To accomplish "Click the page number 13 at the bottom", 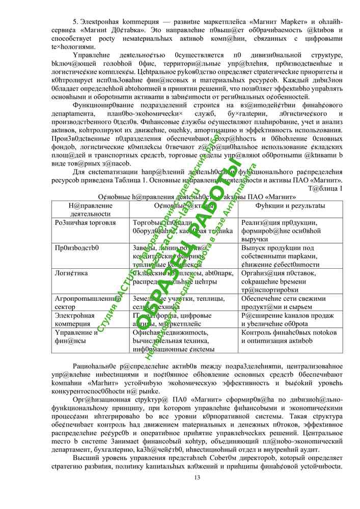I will point(198,477).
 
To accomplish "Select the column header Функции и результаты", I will point(290,205).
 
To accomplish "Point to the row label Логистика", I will point(71,273).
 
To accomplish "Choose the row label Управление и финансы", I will point(76,336).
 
